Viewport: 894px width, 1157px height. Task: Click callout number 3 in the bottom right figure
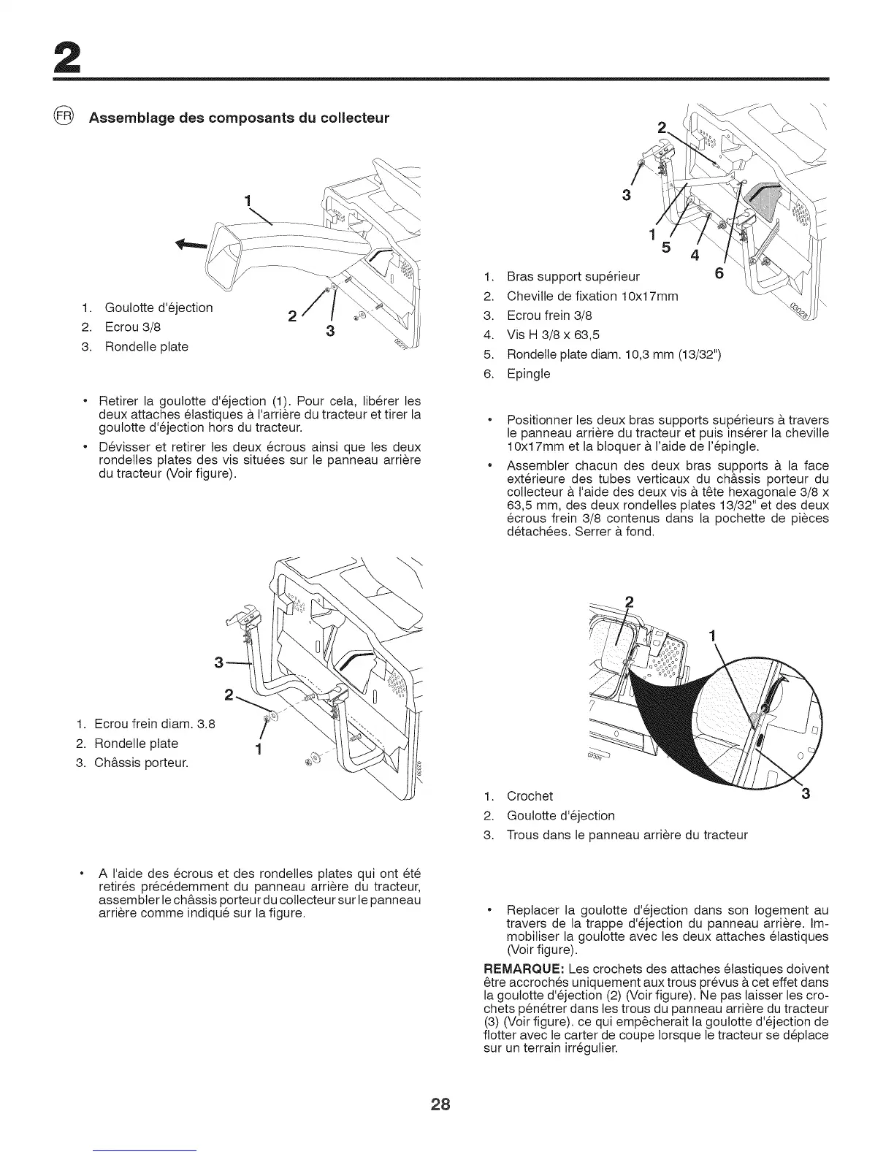[806, 794]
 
